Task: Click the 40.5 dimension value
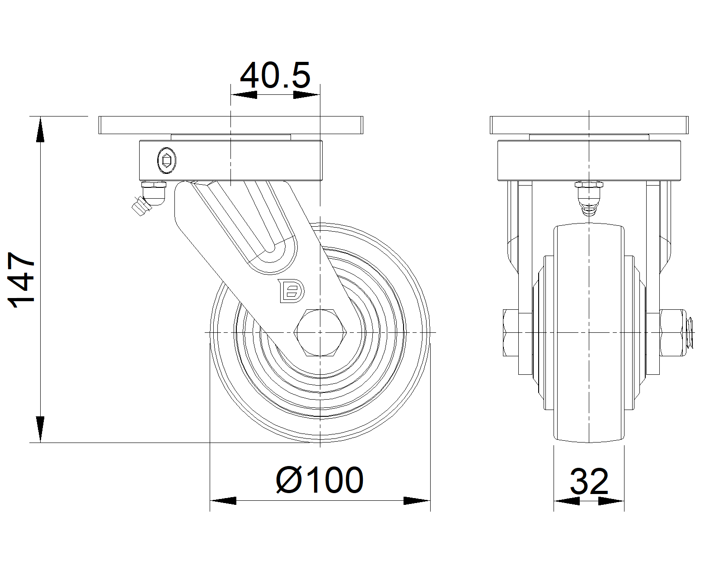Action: coord(275,75)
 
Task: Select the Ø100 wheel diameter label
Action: coord(319,480)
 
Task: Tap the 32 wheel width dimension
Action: coord(589,482)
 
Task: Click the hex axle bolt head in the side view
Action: coord(320,332)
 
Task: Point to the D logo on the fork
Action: coord(291,290)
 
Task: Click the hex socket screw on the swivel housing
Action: coord(167,161)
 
